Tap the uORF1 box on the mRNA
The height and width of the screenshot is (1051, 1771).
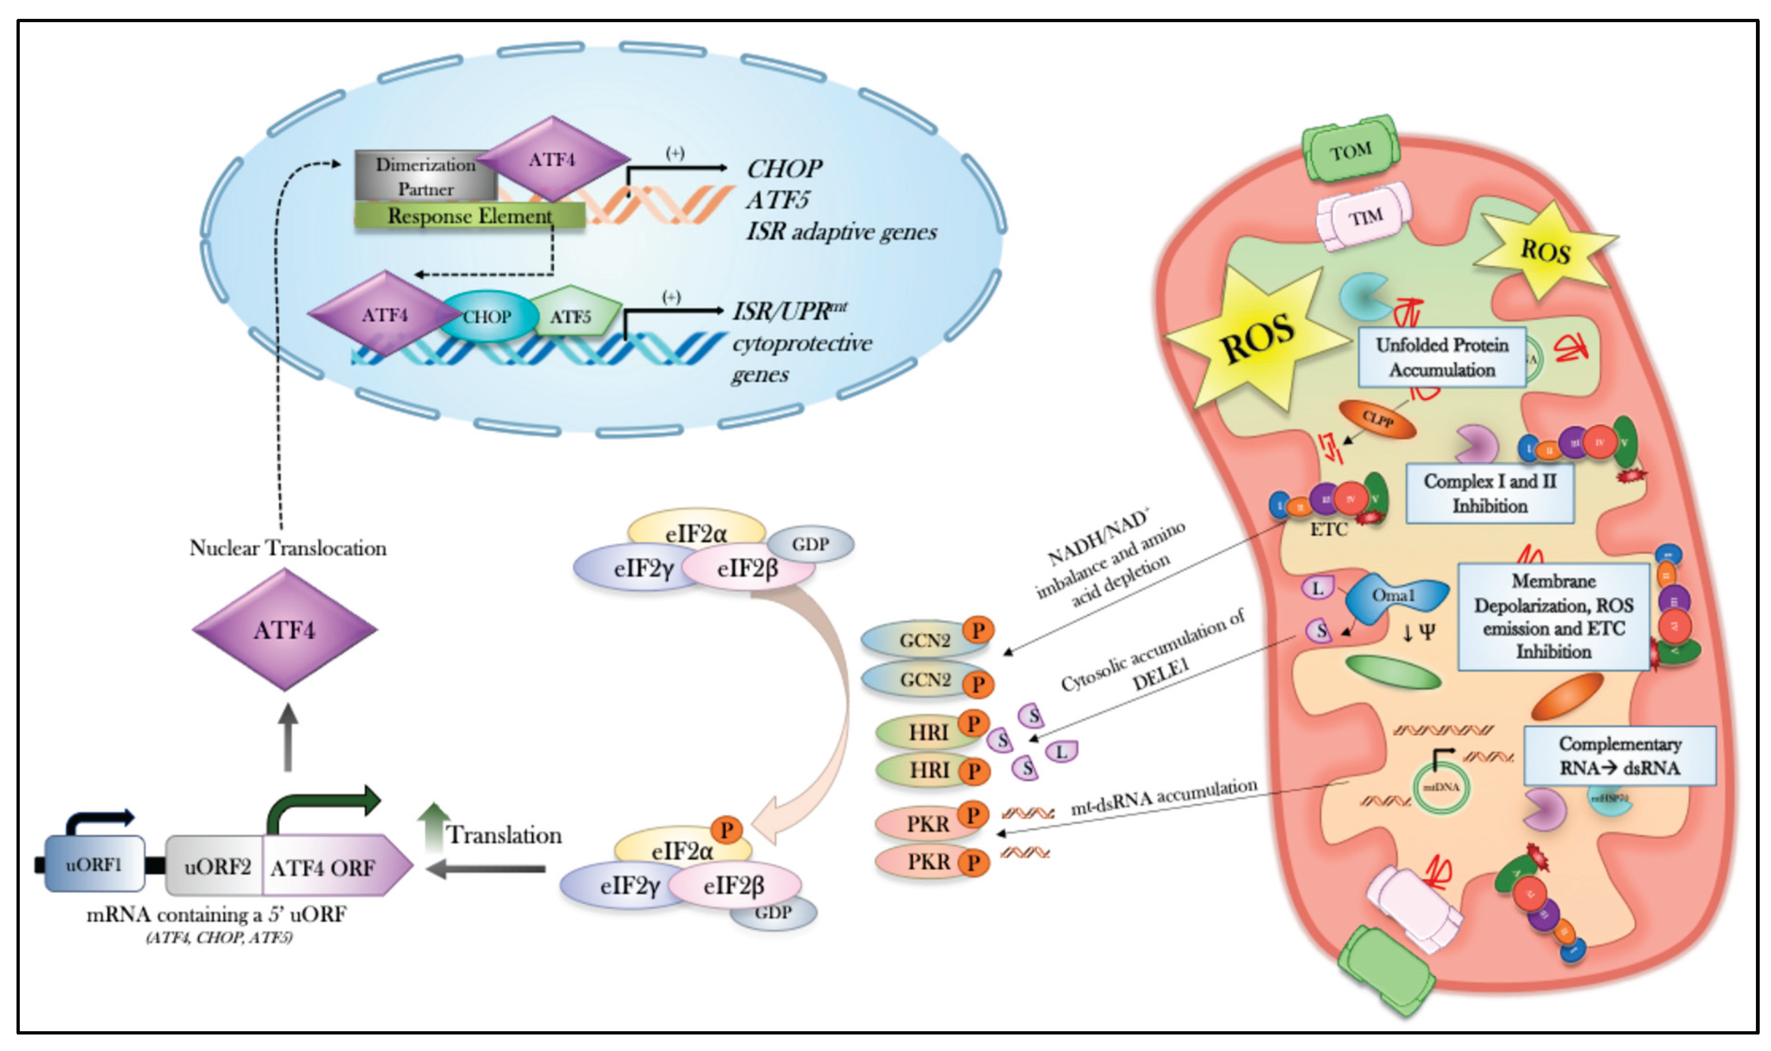94,864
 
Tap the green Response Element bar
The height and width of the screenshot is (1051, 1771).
469,215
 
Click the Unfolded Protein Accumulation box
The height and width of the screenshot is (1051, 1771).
1441,357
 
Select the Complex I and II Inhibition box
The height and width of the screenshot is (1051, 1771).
1489,493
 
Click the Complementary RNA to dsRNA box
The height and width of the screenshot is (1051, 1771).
1619,755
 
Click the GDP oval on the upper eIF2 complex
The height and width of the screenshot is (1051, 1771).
810,544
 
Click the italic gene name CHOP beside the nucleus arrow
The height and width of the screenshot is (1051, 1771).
784,169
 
